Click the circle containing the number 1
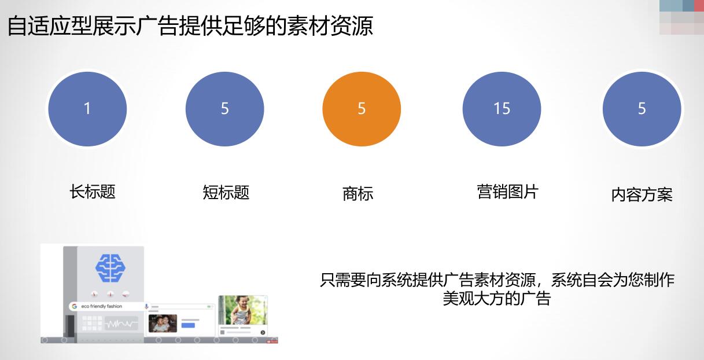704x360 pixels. pyautogui.click(x=87, y=109)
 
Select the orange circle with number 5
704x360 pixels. pyautogui.click(x=362, y=109)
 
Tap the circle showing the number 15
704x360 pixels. pyautogui.click(x=502, y=109)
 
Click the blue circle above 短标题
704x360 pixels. pyautogui.click(x=224, y=109)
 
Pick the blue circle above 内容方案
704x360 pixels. pyautogui.click(x=642, y=109)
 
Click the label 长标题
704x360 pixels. pyautogui.click(x=93, y=192)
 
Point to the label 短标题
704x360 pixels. pyautogui.click(x=226, y=192)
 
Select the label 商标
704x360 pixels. pyautogui.click(x=357, y=193)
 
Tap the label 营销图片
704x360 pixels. pyautogui.click(x=507, y=192)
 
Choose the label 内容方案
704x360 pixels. pyautogui.click(x=642, y=194)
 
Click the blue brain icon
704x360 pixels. pyautogui.click(x=110, y=268)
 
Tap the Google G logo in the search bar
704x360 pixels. pyautogui.click(x=75, y=306)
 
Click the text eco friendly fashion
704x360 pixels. pyautogui.click(x=101, y=306)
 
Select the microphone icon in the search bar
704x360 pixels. pyautogui.click(x=146, y=306)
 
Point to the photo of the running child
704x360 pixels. pyautogui.click(x=242, y=310)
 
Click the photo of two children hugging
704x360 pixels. pyautogui.click(x=163, y=324)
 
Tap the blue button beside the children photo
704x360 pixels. pyautogui.click(x=188, y=325)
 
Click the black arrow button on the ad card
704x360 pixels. pyautogui.click(x=263, y=332)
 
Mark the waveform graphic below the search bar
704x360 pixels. pyautogui.click(x=121, y=324)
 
